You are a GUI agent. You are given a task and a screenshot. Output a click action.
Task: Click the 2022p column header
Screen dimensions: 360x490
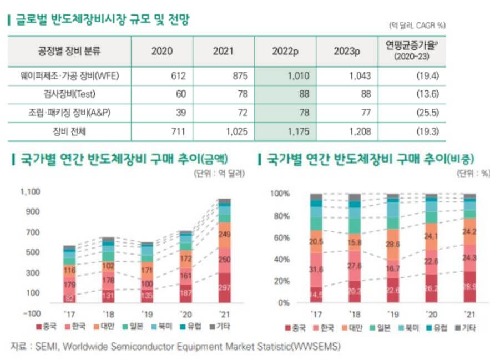pyautogui.click(x=285, y=51)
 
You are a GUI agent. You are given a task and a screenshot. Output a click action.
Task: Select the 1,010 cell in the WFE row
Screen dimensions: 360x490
pyautogui.click(x=298, y=76)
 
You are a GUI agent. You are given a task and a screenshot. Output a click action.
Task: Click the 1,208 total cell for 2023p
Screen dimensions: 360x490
pyautogui.click(x=360, y=131)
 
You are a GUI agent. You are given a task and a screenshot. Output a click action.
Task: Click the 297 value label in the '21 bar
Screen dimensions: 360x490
pyautogui.click(x=224, y=287)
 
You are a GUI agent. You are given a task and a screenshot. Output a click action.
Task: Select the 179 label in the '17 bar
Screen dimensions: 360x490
pyautogui.click(x=69, y=285)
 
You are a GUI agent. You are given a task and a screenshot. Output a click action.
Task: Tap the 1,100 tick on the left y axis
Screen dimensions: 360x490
pyautogui.click(x=31, y=192)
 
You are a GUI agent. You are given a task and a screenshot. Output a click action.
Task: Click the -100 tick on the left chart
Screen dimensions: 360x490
pyautogui.click(x=32, y=313)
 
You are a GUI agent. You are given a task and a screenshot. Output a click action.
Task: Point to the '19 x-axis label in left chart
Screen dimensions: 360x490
pyautogui.click(x=147, y=313)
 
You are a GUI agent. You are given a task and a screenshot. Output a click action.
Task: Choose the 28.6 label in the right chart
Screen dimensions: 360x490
pyautogui.click(x=393, y=244)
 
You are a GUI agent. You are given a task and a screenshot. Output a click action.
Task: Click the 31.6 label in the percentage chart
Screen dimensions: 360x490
pyautogui.click(x=316, y=270)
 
